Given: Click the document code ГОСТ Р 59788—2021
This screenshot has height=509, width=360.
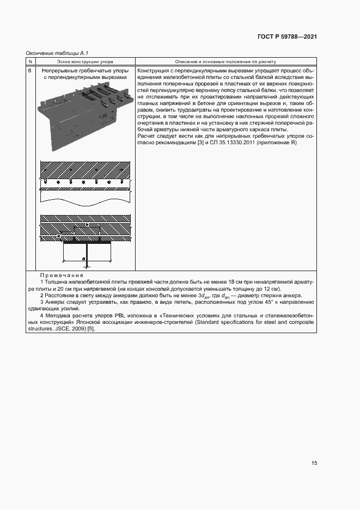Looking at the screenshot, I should (x=287, y=37).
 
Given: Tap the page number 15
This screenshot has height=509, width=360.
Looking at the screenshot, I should (x=314, y=463).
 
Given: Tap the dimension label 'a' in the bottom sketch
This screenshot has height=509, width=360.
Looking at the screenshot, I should (x=83, y=259).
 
